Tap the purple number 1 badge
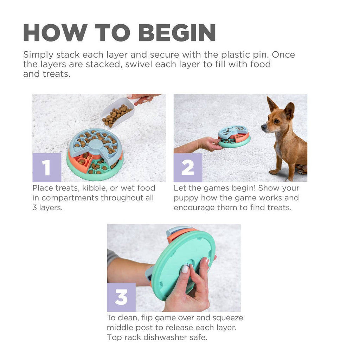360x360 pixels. click(x=47, y=167)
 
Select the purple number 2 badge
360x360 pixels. click(x=188, y=167)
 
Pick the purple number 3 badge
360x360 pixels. click(x=121, y=297)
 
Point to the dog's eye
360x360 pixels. click(x=277, y=121)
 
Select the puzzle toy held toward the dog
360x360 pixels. click(x=234, y=136)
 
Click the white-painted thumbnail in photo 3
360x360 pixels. click(x=185, y=269)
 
